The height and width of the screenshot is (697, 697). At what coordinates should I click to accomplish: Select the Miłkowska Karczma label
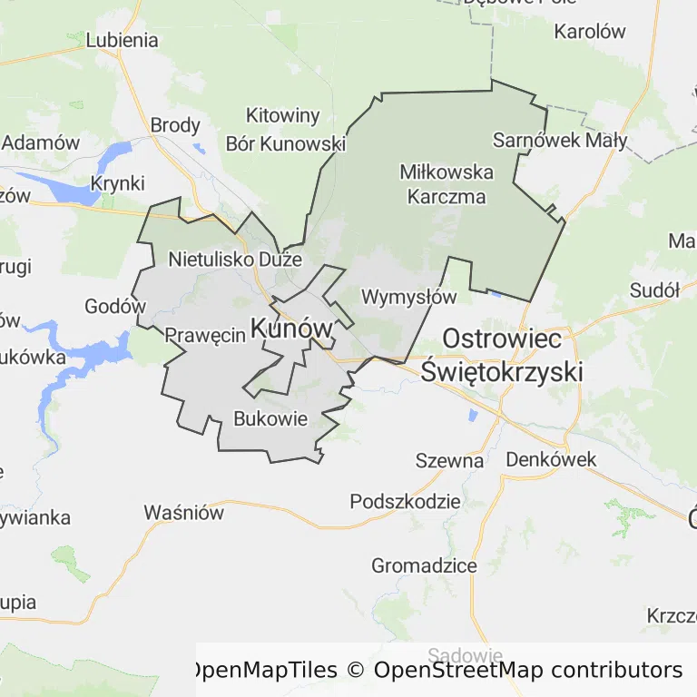coord(447,184)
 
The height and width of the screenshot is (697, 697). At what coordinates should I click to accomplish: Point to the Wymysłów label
coord(408,297)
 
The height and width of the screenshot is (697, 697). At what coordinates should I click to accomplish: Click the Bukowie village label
coord(270,418)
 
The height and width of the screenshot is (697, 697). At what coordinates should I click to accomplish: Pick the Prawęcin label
coord(205,335)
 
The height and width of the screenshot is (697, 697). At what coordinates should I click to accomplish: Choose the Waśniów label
coord(183,513)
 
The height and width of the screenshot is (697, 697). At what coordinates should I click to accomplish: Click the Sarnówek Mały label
coord(560,140)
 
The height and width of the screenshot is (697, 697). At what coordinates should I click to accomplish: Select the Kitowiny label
coord(283,115)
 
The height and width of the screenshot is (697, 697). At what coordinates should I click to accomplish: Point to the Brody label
coord(175,125)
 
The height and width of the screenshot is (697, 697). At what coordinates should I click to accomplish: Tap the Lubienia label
coord(122,40)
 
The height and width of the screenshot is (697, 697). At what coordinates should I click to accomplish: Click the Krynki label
coord(117,183)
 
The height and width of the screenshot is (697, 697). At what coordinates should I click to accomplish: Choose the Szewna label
coord(449,460)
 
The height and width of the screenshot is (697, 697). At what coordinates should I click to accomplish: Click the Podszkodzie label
coord(406,502)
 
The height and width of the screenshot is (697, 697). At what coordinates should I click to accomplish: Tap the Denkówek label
coord(551,459)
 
